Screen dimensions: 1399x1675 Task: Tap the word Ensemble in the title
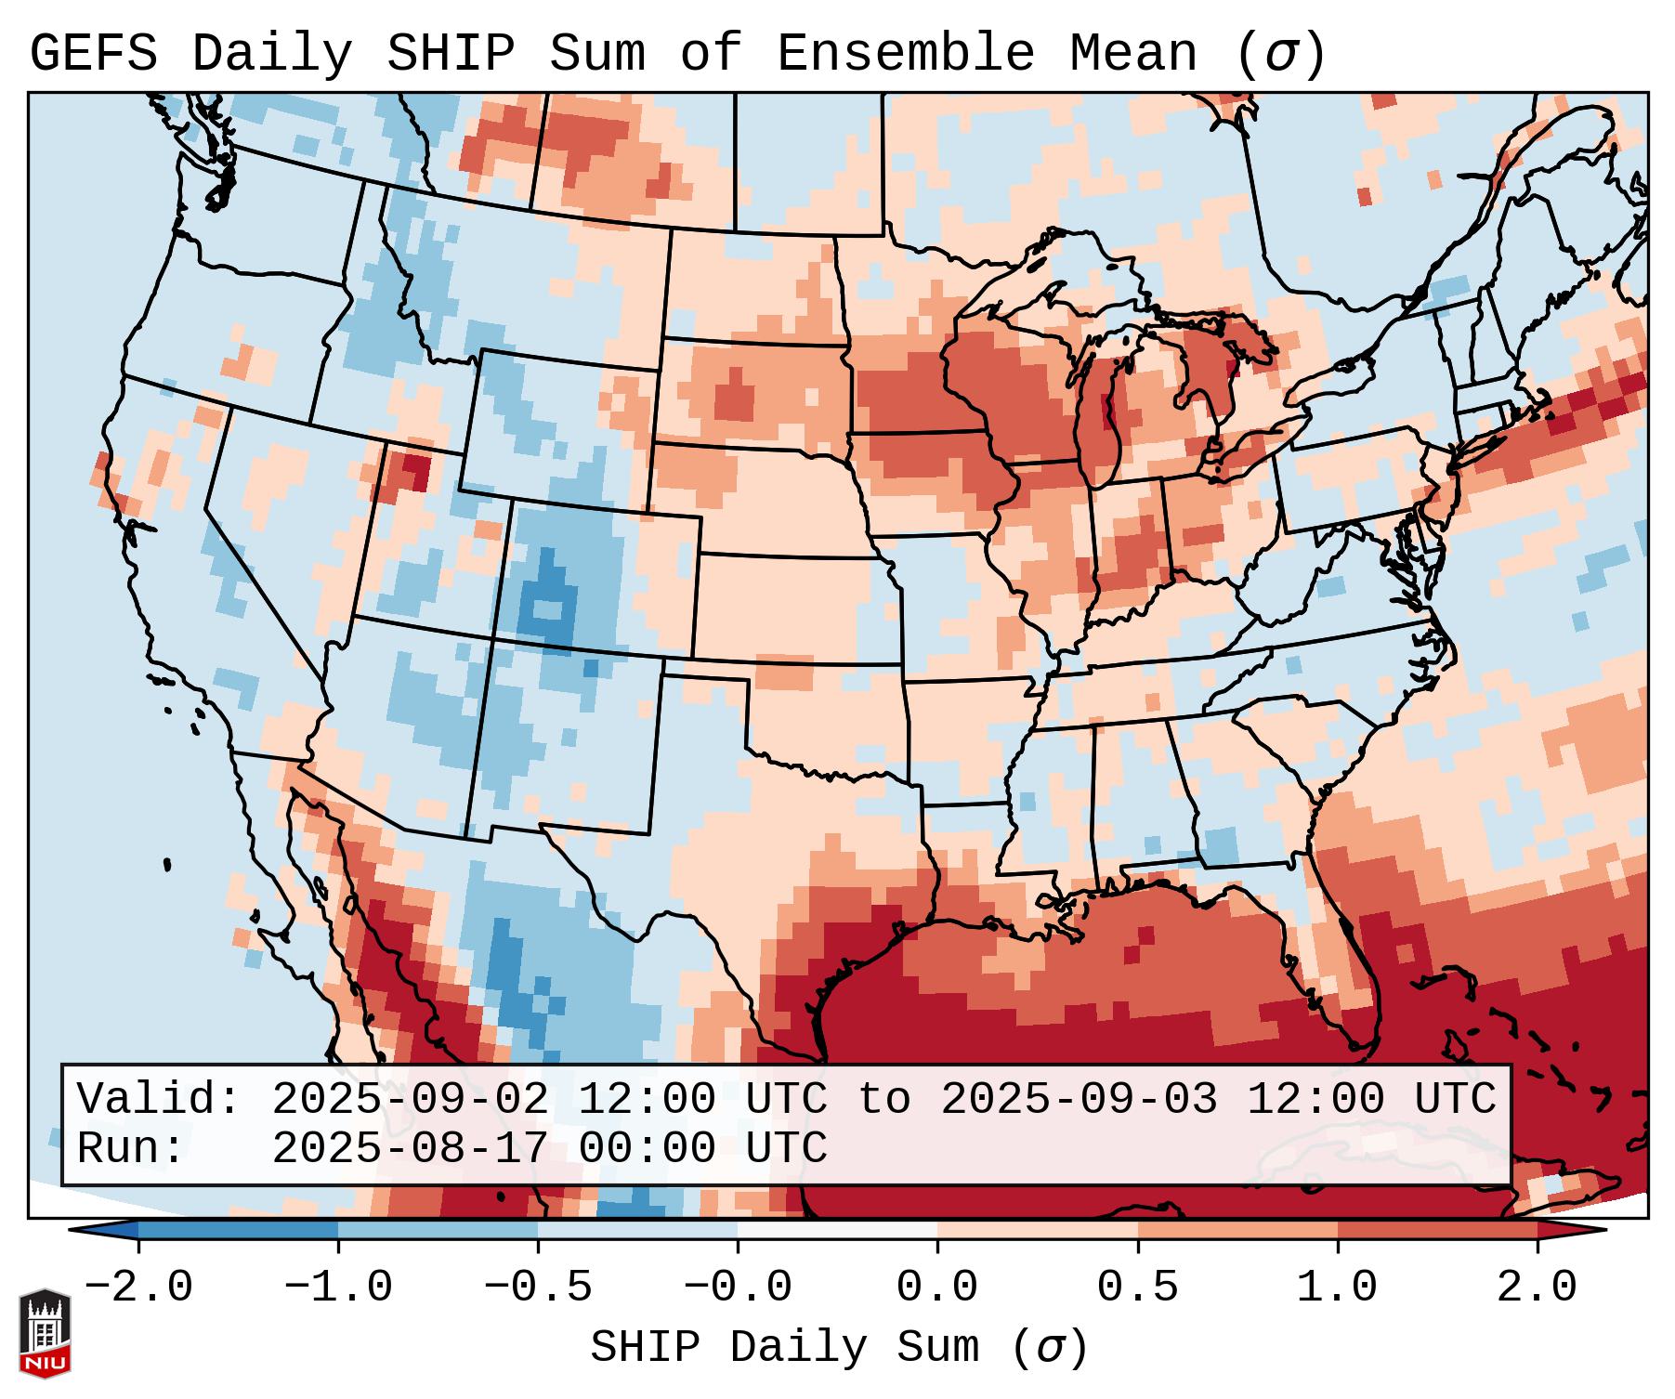coord(906,54)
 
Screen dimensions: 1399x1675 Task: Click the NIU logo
coord(45,1333)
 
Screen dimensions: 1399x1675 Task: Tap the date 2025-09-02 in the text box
coord(410,1100)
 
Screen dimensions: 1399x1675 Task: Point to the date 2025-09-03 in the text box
coord(1079,1100)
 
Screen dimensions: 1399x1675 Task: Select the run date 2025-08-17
coord(410,1149)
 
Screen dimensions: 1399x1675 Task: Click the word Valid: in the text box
coord(159,1100)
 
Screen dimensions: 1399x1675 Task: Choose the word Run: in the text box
coord(131,1149)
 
